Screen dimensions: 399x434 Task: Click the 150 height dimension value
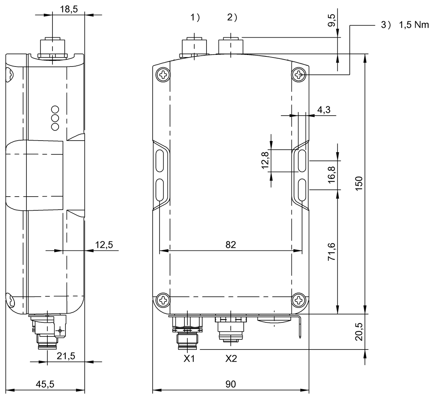[x=359, y=184]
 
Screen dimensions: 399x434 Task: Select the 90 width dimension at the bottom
[x=230, y=384]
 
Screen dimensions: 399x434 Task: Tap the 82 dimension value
[x=230, y=245]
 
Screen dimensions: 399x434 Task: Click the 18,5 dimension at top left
[x=69, y=9]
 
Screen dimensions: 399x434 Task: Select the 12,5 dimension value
[x=104, y=245]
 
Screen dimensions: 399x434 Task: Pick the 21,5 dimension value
[x=66, y=356]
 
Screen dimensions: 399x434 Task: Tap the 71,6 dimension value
[x=332, y=252]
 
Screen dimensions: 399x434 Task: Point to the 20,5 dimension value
[x=359, y=332]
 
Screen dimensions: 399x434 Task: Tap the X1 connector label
[x=189, y=359]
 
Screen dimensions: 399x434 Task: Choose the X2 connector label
[x=231, y=359]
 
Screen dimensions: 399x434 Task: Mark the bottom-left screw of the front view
[x=163, y=300]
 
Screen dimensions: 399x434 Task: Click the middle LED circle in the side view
[x=55, y=118]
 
